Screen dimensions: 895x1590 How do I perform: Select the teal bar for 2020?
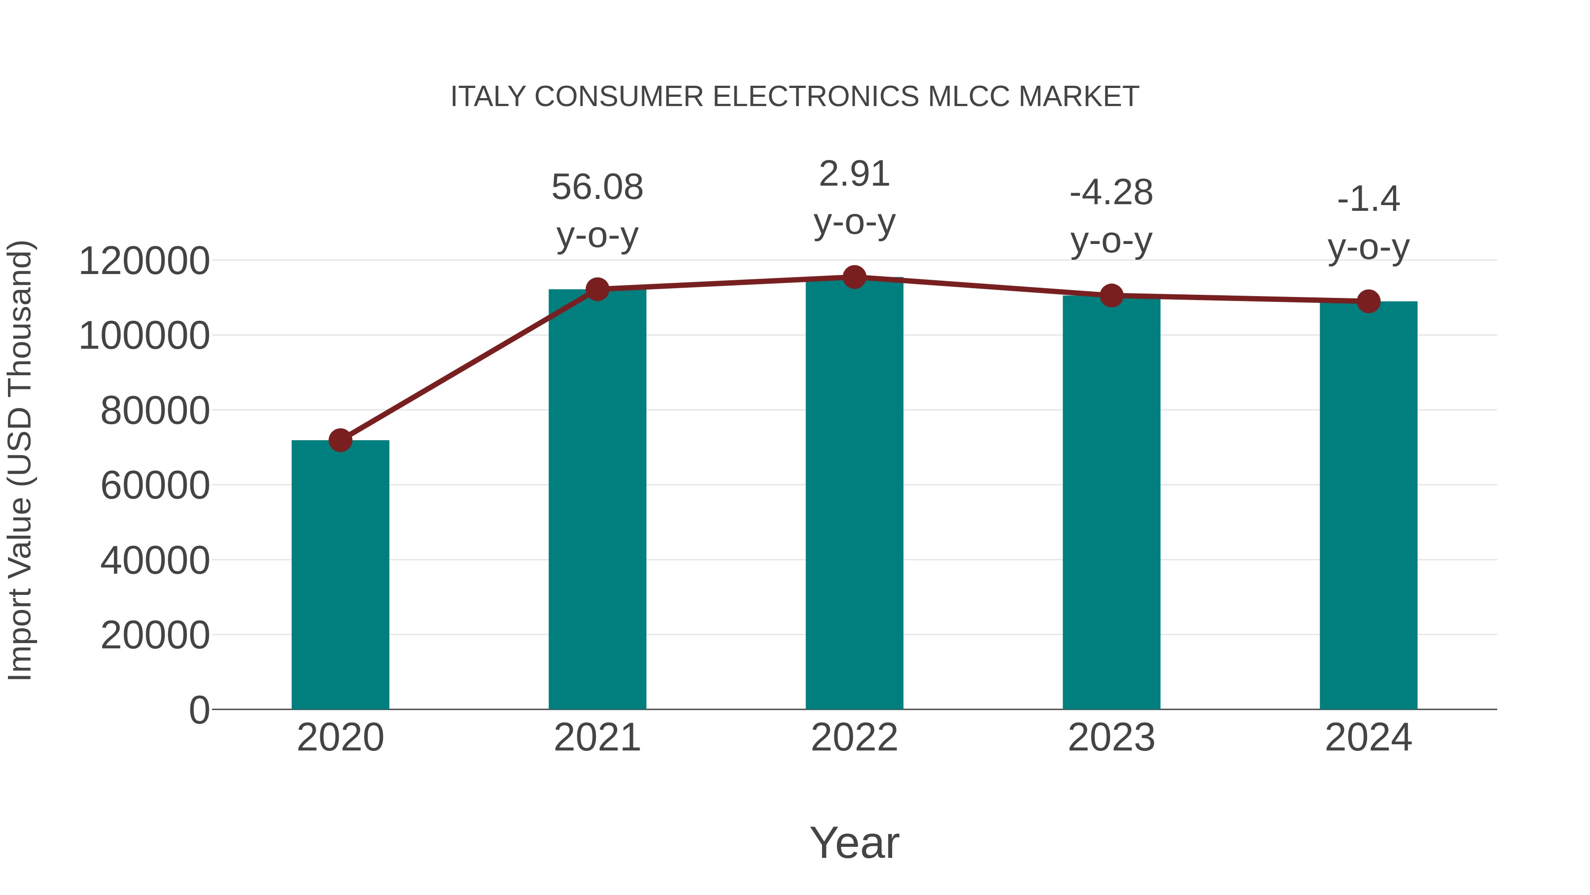point(340,575)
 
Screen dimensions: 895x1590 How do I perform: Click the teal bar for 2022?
point(854,494)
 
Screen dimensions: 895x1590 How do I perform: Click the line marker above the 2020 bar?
point(340,440)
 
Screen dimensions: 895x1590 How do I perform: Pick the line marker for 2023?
point(1111,296)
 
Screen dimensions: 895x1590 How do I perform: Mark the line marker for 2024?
point(1368,301)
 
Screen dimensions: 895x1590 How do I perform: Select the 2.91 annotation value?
point(854,174)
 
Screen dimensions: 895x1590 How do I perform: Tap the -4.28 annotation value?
point(1111,193)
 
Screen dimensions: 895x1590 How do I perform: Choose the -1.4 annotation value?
point(1368,199)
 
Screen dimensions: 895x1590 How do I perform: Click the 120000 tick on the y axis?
point(144,261)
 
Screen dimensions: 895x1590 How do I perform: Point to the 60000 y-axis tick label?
point(155,485)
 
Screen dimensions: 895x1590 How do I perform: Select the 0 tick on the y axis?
point(199,710)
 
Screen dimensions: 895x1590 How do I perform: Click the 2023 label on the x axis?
point(1111,738)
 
